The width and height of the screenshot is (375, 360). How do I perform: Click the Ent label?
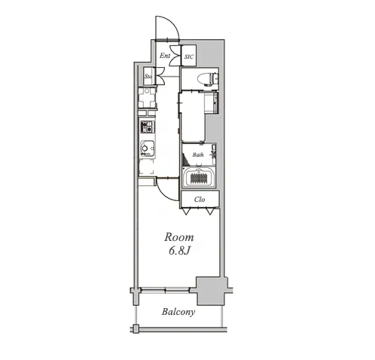[x=165, y=56]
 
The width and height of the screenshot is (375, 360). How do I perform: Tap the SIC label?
[x=189, y=56]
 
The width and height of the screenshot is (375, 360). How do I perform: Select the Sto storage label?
[x=148, y=76]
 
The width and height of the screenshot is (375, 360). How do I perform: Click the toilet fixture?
[x=208, y=79]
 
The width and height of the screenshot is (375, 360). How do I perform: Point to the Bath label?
[x=198, y=154]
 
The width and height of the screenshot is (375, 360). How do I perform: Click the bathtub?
[x=199, y=177]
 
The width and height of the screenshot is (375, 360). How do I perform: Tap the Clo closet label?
[x=200, y=200]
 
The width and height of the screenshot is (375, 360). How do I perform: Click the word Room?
[x=179, y=237]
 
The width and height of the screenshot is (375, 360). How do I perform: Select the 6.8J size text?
[x=178, y=251]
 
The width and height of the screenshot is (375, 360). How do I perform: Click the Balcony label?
[x=178, y=312]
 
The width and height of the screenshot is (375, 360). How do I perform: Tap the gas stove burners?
[x=148, y=127]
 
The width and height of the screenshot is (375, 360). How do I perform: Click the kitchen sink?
[x=148, y=148]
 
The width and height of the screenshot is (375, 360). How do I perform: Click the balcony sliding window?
[x=165, y=290]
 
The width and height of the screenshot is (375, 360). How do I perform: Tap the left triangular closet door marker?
[x=186, y=212]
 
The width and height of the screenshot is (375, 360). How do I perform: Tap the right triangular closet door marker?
[x=210, y=212]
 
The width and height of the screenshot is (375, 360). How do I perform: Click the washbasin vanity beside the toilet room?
[x=211, y=102]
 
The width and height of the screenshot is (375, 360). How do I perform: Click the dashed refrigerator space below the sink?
[x=146, y=166]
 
